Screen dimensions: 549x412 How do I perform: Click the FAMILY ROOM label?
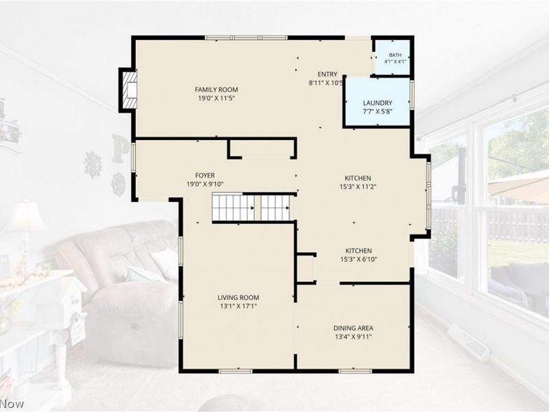216,90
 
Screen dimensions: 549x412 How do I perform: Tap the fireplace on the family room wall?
128,90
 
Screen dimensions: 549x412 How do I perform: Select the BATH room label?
395,55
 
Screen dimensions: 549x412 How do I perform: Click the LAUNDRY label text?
377,103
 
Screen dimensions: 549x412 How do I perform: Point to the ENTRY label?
327,74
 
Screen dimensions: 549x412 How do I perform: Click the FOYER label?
205,175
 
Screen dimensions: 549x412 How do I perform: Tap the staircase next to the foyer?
251,208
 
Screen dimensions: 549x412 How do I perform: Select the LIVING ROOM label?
238,298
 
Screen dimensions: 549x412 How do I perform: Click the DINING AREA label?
353,328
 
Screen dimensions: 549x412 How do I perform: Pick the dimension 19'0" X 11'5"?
216,98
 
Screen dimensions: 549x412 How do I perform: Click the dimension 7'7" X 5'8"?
377,112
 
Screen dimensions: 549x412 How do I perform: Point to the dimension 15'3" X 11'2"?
358,187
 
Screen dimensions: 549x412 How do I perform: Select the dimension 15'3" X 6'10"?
358,260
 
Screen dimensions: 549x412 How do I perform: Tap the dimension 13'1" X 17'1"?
238,306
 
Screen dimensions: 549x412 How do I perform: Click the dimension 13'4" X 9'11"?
353,337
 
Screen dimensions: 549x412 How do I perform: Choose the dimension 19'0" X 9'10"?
205,184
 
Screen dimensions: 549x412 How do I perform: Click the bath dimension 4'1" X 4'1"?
395,62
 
